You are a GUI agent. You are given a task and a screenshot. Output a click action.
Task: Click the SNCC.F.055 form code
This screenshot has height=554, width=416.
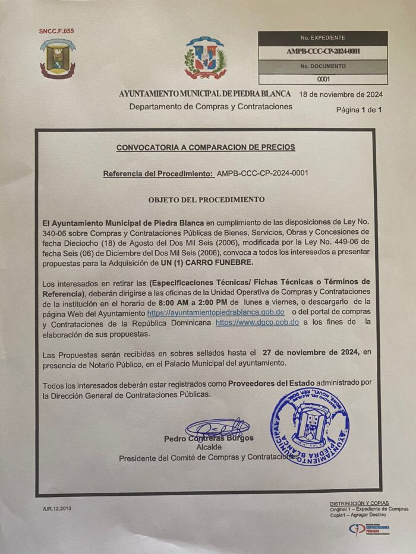tap(56, 31)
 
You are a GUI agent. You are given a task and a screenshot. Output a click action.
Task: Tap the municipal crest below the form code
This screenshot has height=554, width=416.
tap(58, 58)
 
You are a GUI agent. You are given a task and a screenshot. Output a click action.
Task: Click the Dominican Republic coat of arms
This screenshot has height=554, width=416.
tap(205, 58)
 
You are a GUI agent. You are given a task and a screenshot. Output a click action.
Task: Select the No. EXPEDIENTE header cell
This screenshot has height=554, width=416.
tap(323, 37)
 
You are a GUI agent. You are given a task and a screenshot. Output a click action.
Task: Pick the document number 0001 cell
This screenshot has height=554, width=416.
tap(323, 79)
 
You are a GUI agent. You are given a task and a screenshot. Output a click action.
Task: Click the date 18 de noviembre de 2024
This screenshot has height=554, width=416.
tap(341, 94)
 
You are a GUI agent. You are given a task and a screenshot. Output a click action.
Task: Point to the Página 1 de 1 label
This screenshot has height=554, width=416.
tap(358, 110)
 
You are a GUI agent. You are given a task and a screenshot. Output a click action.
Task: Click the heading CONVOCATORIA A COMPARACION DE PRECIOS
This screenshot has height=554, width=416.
tap(206, 147)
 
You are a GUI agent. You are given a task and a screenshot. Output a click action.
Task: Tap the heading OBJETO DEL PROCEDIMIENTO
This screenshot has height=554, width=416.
tap(206, 200)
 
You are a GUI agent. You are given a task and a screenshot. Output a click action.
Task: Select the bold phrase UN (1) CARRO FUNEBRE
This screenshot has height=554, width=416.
tap(207, 262)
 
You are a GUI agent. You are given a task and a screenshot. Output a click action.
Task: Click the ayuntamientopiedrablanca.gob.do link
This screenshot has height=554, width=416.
tap(216, 312)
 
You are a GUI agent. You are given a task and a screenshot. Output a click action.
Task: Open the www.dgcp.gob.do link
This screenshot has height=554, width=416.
tap(257, 322)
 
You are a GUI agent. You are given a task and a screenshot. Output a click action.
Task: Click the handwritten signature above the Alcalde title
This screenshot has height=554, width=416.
tap(217, 427)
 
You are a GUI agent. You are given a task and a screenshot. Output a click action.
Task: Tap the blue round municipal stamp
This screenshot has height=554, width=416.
tap(310, 427)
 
